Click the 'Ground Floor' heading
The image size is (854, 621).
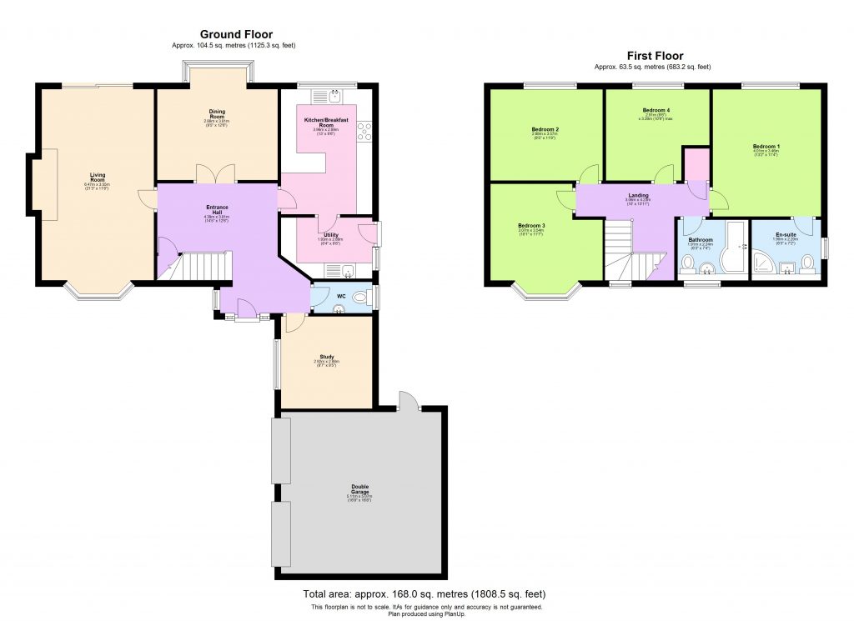point(236,34)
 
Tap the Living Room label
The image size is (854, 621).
point(98,178)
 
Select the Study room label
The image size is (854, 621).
point(326,358)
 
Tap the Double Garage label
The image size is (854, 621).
point(359,488)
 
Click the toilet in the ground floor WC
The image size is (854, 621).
point(359,297)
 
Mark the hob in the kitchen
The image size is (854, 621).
point(364,131)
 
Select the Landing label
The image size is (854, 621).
point(638,196)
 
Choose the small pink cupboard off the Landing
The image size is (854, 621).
point(695,163)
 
